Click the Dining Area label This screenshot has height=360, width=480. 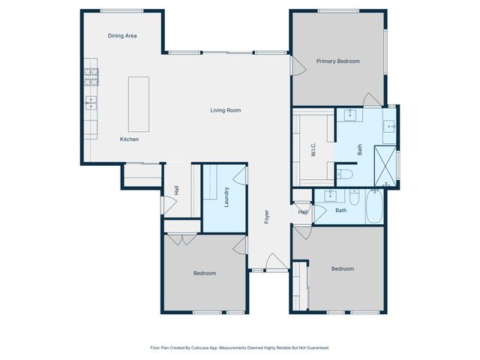tap(121, 35)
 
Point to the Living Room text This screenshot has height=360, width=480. tap(225, 110)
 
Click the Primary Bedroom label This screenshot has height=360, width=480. tap(337, 61)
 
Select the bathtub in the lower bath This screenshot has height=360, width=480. tap(374, 207)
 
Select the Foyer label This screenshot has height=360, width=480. tap(266, 217)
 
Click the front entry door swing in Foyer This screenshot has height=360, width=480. tap(274, 262)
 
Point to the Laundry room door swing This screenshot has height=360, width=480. tap(240, 175)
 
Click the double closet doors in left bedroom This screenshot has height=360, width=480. tap(178, 240)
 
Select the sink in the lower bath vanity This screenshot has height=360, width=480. tap(331, 196)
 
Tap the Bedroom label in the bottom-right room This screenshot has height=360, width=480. tap(343, 268)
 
